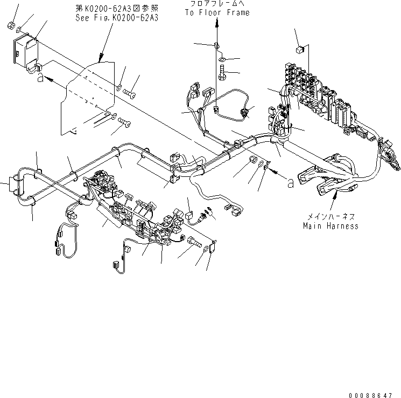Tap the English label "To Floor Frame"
point(217,12)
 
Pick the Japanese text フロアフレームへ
point(217,4)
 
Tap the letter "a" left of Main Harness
point(290,183)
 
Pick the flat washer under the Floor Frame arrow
point(222,58)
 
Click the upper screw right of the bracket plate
point(129,94)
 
